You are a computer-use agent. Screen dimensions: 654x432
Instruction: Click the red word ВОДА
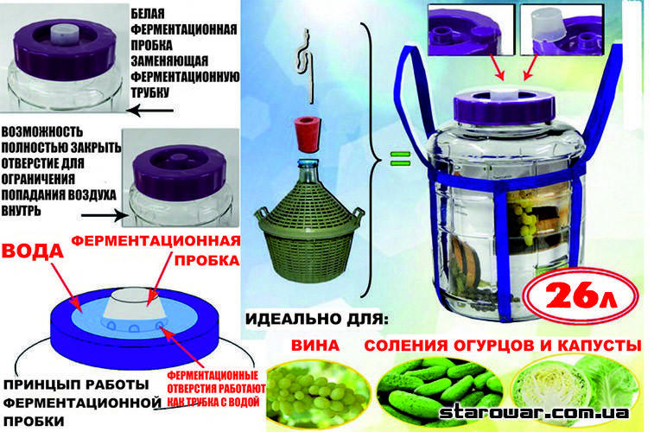point(32,251)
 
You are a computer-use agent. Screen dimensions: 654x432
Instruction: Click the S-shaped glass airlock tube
point(304,66)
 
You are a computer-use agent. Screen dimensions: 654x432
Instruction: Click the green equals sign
point(400,158)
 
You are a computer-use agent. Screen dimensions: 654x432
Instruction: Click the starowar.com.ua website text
point(534,412)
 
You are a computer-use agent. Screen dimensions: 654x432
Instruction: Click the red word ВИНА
point(314,346)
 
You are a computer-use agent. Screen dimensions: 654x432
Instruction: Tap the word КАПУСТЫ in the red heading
point(598,346)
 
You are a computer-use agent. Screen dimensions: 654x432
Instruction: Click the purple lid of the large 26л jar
point(504,106)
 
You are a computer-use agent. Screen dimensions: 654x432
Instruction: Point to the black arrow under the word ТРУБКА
point(149,111)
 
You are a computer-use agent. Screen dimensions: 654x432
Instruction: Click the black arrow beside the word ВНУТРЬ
point(105,216)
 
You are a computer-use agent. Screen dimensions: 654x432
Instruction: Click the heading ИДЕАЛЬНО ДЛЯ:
point(316,320)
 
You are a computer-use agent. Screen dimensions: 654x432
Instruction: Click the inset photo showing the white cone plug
point(562,29)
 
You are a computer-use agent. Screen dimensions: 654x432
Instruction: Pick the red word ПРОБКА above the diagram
point(206,260)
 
